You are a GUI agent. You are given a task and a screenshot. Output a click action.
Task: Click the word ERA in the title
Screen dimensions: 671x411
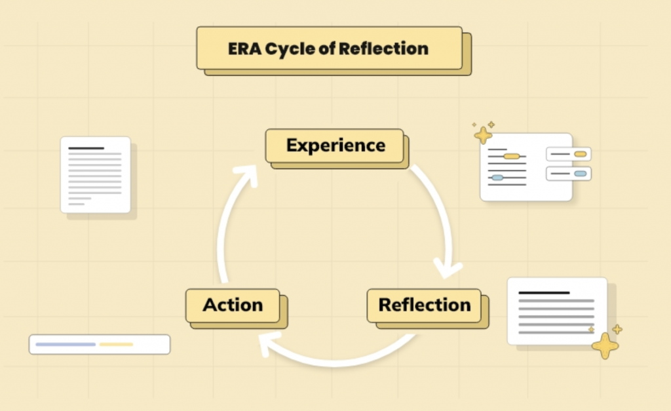tap(244, 49)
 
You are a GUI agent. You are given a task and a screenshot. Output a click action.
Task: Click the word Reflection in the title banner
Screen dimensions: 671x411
tap(383, 49)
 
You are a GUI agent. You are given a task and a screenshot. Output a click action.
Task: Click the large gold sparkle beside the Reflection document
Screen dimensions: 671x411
tap(605, 345)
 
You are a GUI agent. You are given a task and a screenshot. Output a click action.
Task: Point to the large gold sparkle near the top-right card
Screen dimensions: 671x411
tap(483, 135)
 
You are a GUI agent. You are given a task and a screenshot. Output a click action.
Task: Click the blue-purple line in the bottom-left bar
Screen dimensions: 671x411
tap(66, 344)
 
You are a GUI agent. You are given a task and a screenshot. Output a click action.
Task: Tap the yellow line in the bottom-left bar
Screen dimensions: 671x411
tap(116, 344)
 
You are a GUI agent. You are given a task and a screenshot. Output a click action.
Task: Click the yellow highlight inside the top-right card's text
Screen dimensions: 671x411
tap(511, 156)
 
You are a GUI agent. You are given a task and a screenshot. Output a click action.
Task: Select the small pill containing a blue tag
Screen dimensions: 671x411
tap(569, 174)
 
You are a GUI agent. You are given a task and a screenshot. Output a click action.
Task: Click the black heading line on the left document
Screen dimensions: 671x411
tap(86, 148)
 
